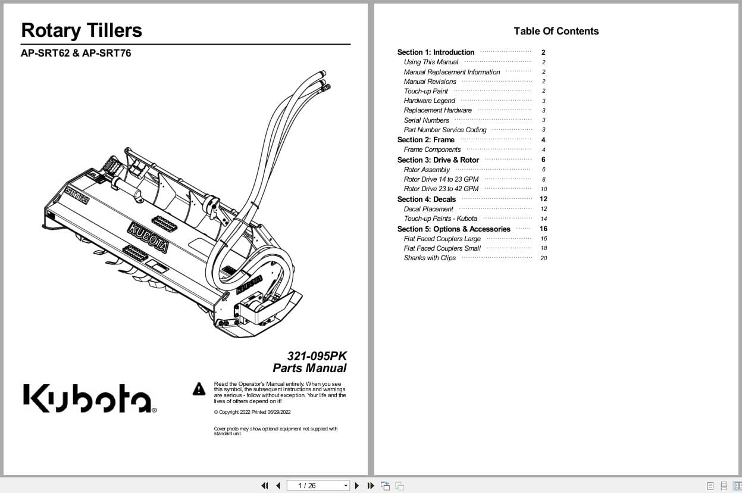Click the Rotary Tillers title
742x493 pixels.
(x=82, y=30)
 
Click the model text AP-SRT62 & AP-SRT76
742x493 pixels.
(x=76, y=53)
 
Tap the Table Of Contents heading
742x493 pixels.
(x=556, y=31)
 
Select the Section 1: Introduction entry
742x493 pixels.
(x=436, y=52)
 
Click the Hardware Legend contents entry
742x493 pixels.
(x=429, y=101)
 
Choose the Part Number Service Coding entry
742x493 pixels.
(x=444, y=130)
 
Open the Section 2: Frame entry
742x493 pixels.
(x=425, y=140)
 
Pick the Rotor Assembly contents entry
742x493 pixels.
(x=427, y=170)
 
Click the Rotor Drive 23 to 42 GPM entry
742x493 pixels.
(x=441, y=189)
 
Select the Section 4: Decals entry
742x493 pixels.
(x=426, y=199)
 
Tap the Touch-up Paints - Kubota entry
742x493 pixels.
(x=440, y=219)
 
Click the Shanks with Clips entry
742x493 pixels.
(x=430, y=258)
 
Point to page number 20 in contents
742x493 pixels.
(x=543, y=258)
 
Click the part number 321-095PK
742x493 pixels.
(x=317, y=356)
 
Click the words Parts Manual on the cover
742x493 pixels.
(x=309, y=368)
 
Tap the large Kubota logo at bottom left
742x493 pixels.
(x=89, y=398)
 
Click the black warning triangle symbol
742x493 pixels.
(x=199, y=389)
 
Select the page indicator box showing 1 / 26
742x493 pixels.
(x=318, y=485)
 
